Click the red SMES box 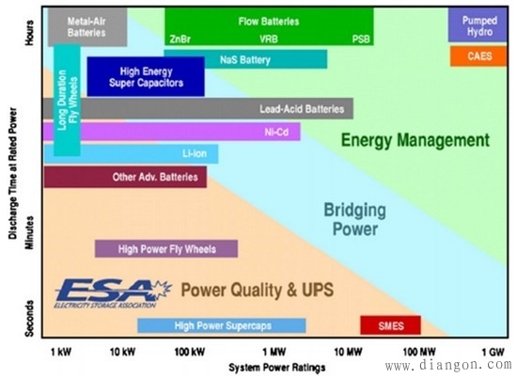tap(390, 325)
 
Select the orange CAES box tap(478, 56)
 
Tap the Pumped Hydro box tap(478, 25)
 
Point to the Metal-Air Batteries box tap(87, 27)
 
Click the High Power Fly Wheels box tap(166, 248)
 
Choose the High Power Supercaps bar tap(222, 325)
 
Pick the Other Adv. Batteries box tap(125, 177)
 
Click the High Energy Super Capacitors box tap(146, 76)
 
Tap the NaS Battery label tap(245, 59)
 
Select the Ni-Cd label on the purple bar tap(276, 132)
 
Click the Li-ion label tap(195, 153)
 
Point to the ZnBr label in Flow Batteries tap(180, 39)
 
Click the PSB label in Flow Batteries tap(361, 39)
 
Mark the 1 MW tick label tap(274, 352)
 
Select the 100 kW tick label tap(190, 352)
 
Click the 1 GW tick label tap(493, 352)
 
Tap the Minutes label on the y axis tap(29, 232)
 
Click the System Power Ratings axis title tap(277, 367)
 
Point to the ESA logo tap(113, 293)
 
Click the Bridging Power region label tap(354, 219)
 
